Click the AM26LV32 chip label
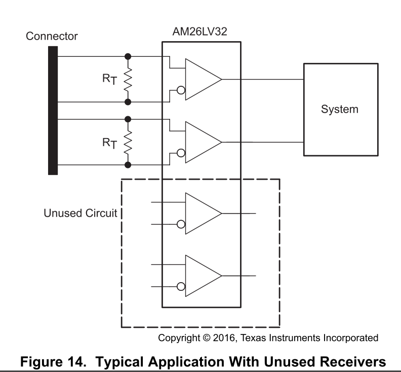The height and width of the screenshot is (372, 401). [x=200, y=31]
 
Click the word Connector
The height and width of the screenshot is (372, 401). [x=53, y=37]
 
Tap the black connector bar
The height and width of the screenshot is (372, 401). [x=53, y=110]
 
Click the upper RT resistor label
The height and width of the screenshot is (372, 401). [x=110, y=79]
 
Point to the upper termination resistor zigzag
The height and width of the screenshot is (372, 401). [x=128, y=79]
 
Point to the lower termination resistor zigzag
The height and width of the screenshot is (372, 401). [x=128, y=142]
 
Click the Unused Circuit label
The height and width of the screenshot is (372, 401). [x=79, y=213]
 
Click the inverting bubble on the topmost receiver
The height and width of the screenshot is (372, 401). [x=181, y=91]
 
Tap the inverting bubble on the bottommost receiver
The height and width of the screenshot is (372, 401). [x=181, y=287]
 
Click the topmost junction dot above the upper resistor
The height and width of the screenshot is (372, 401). [x=128, y=56]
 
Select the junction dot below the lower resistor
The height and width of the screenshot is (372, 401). [x=128, y=165]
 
